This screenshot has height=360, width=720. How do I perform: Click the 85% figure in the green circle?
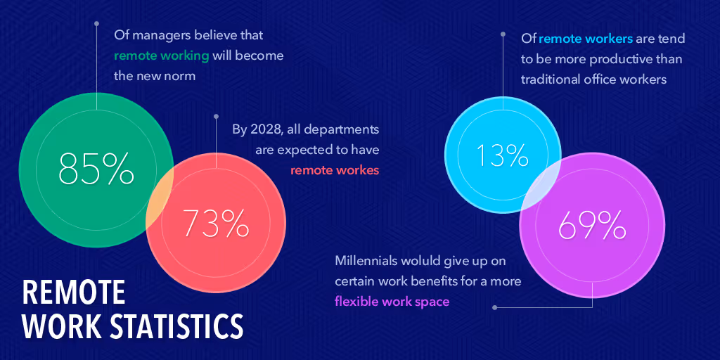(96, 168)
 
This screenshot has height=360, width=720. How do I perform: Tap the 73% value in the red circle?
(216, 223)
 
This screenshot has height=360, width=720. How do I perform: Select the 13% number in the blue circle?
(502, 155)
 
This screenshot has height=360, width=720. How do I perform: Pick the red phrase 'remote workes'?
(335, 169)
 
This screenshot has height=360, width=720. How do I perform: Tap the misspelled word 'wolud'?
(420, 261)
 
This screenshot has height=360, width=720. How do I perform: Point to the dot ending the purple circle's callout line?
(495, 307)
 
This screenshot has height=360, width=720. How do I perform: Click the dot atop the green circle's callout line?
(97, 23)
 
